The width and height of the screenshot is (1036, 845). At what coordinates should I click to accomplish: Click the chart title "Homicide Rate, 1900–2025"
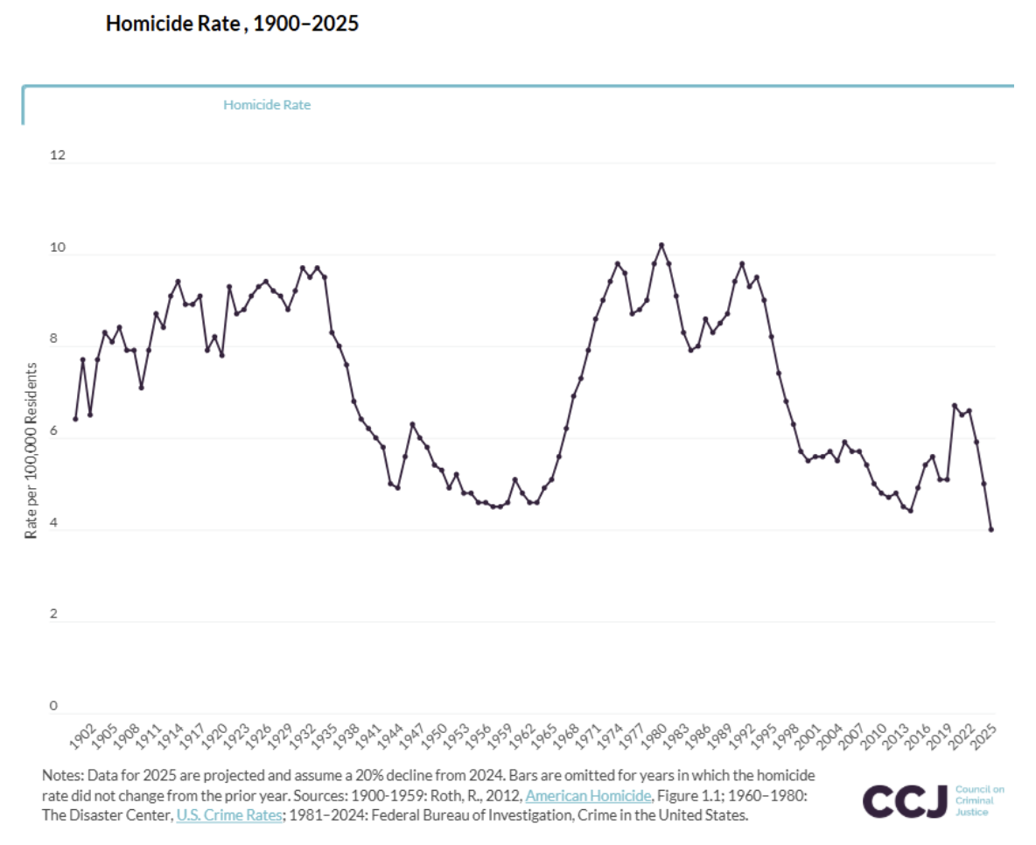coord(232,24)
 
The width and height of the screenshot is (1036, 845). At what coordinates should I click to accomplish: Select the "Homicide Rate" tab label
coord(267,105)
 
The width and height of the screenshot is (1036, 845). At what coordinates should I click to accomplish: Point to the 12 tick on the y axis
coord(57,155)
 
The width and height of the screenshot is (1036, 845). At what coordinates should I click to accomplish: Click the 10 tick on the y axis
coord(57,248)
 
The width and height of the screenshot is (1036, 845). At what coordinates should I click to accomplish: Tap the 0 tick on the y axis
coord(52,706)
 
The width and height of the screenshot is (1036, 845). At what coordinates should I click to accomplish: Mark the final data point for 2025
coord(991,529)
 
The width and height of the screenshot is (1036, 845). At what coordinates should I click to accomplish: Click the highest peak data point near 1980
coord(661,245)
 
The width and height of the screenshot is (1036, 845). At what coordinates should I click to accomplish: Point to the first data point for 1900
coord(75,419)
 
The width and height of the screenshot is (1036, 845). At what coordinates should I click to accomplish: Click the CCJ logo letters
coord(905,800)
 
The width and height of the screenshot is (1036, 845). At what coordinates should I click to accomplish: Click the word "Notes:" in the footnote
coord(60,776)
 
